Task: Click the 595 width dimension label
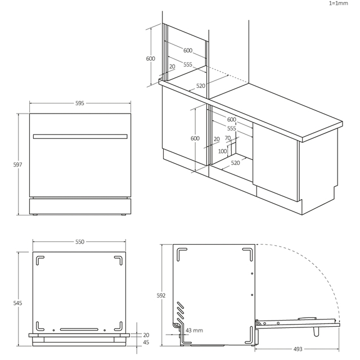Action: pyautogui.click(x=79, y=103)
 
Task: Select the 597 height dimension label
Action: pyautogui.click(x=17, y=164)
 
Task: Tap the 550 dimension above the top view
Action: pyautogui.click(x=79, y=242)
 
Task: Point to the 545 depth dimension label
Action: pyautogui.click(x=17, y=303)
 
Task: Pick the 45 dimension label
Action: pyautogui.click(x=146, y=342)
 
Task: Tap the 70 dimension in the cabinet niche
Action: pyautogui.click(x=227, y=138)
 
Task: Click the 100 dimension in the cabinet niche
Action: pyautogui.click(x=222, y=151)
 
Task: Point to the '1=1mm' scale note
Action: pyautogui.click(x=339, y=3)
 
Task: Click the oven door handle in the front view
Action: pyautogui.click(x=79, y=136)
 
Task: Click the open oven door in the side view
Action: pyautogui.click(x=298, y=323)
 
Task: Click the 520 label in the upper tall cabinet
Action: pyautogui.click(x=201, y=86)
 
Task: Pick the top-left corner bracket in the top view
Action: pyautogui.click(x=39, y=260)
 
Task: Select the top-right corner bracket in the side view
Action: pyautogui.click(x=246, y=254)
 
